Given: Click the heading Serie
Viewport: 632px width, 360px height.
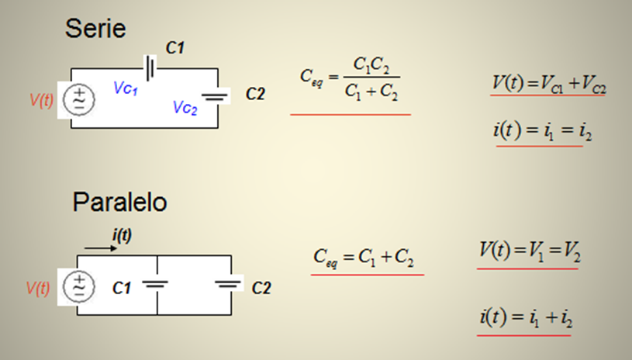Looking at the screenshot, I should (x=95, y=29).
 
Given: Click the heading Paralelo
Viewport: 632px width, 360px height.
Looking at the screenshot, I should (x=119, y=202).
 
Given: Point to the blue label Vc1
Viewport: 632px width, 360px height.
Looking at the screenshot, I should (x=126, y=89).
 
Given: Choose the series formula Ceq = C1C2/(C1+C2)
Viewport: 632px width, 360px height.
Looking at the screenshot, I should (x=350, y=79).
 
